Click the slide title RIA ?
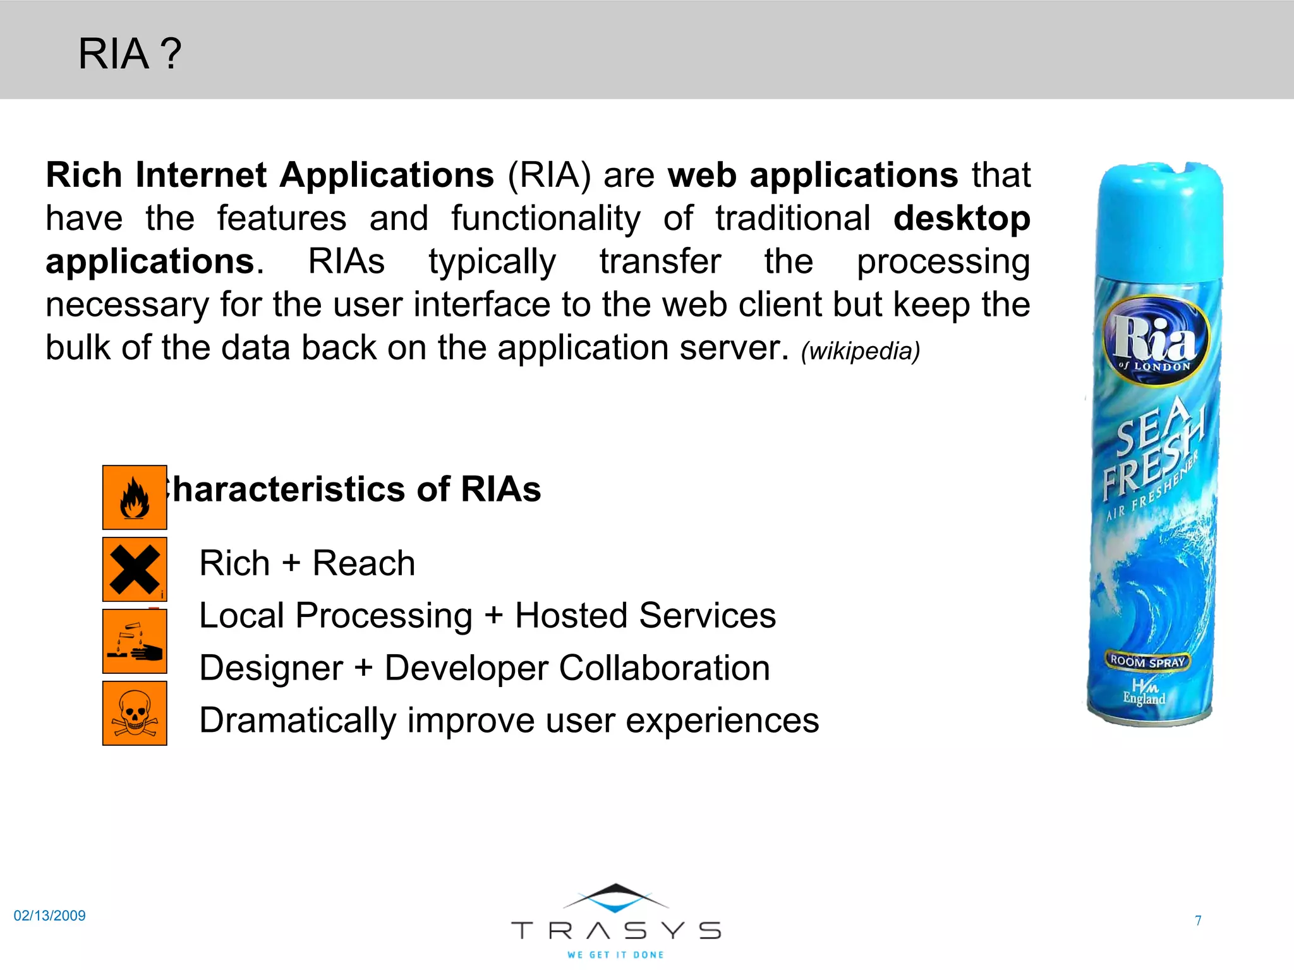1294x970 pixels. [130, 54]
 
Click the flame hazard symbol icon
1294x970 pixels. [135, 498]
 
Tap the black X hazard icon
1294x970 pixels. [135, 569]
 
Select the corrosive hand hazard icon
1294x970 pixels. [135, 642]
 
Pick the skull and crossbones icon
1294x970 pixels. [135, 714]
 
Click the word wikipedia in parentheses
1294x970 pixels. [860, 351]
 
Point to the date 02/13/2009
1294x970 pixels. [49, 916]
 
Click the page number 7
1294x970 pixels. [1198, 921]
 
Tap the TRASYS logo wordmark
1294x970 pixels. [616, 930]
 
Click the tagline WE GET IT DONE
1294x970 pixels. [616, 955]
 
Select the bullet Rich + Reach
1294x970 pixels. [307, 563]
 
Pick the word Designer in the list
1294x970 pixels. [271, 668]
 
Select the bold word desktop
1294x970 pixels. [962, 219]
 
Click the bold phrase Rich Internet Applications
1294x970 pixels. [270, 175]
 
